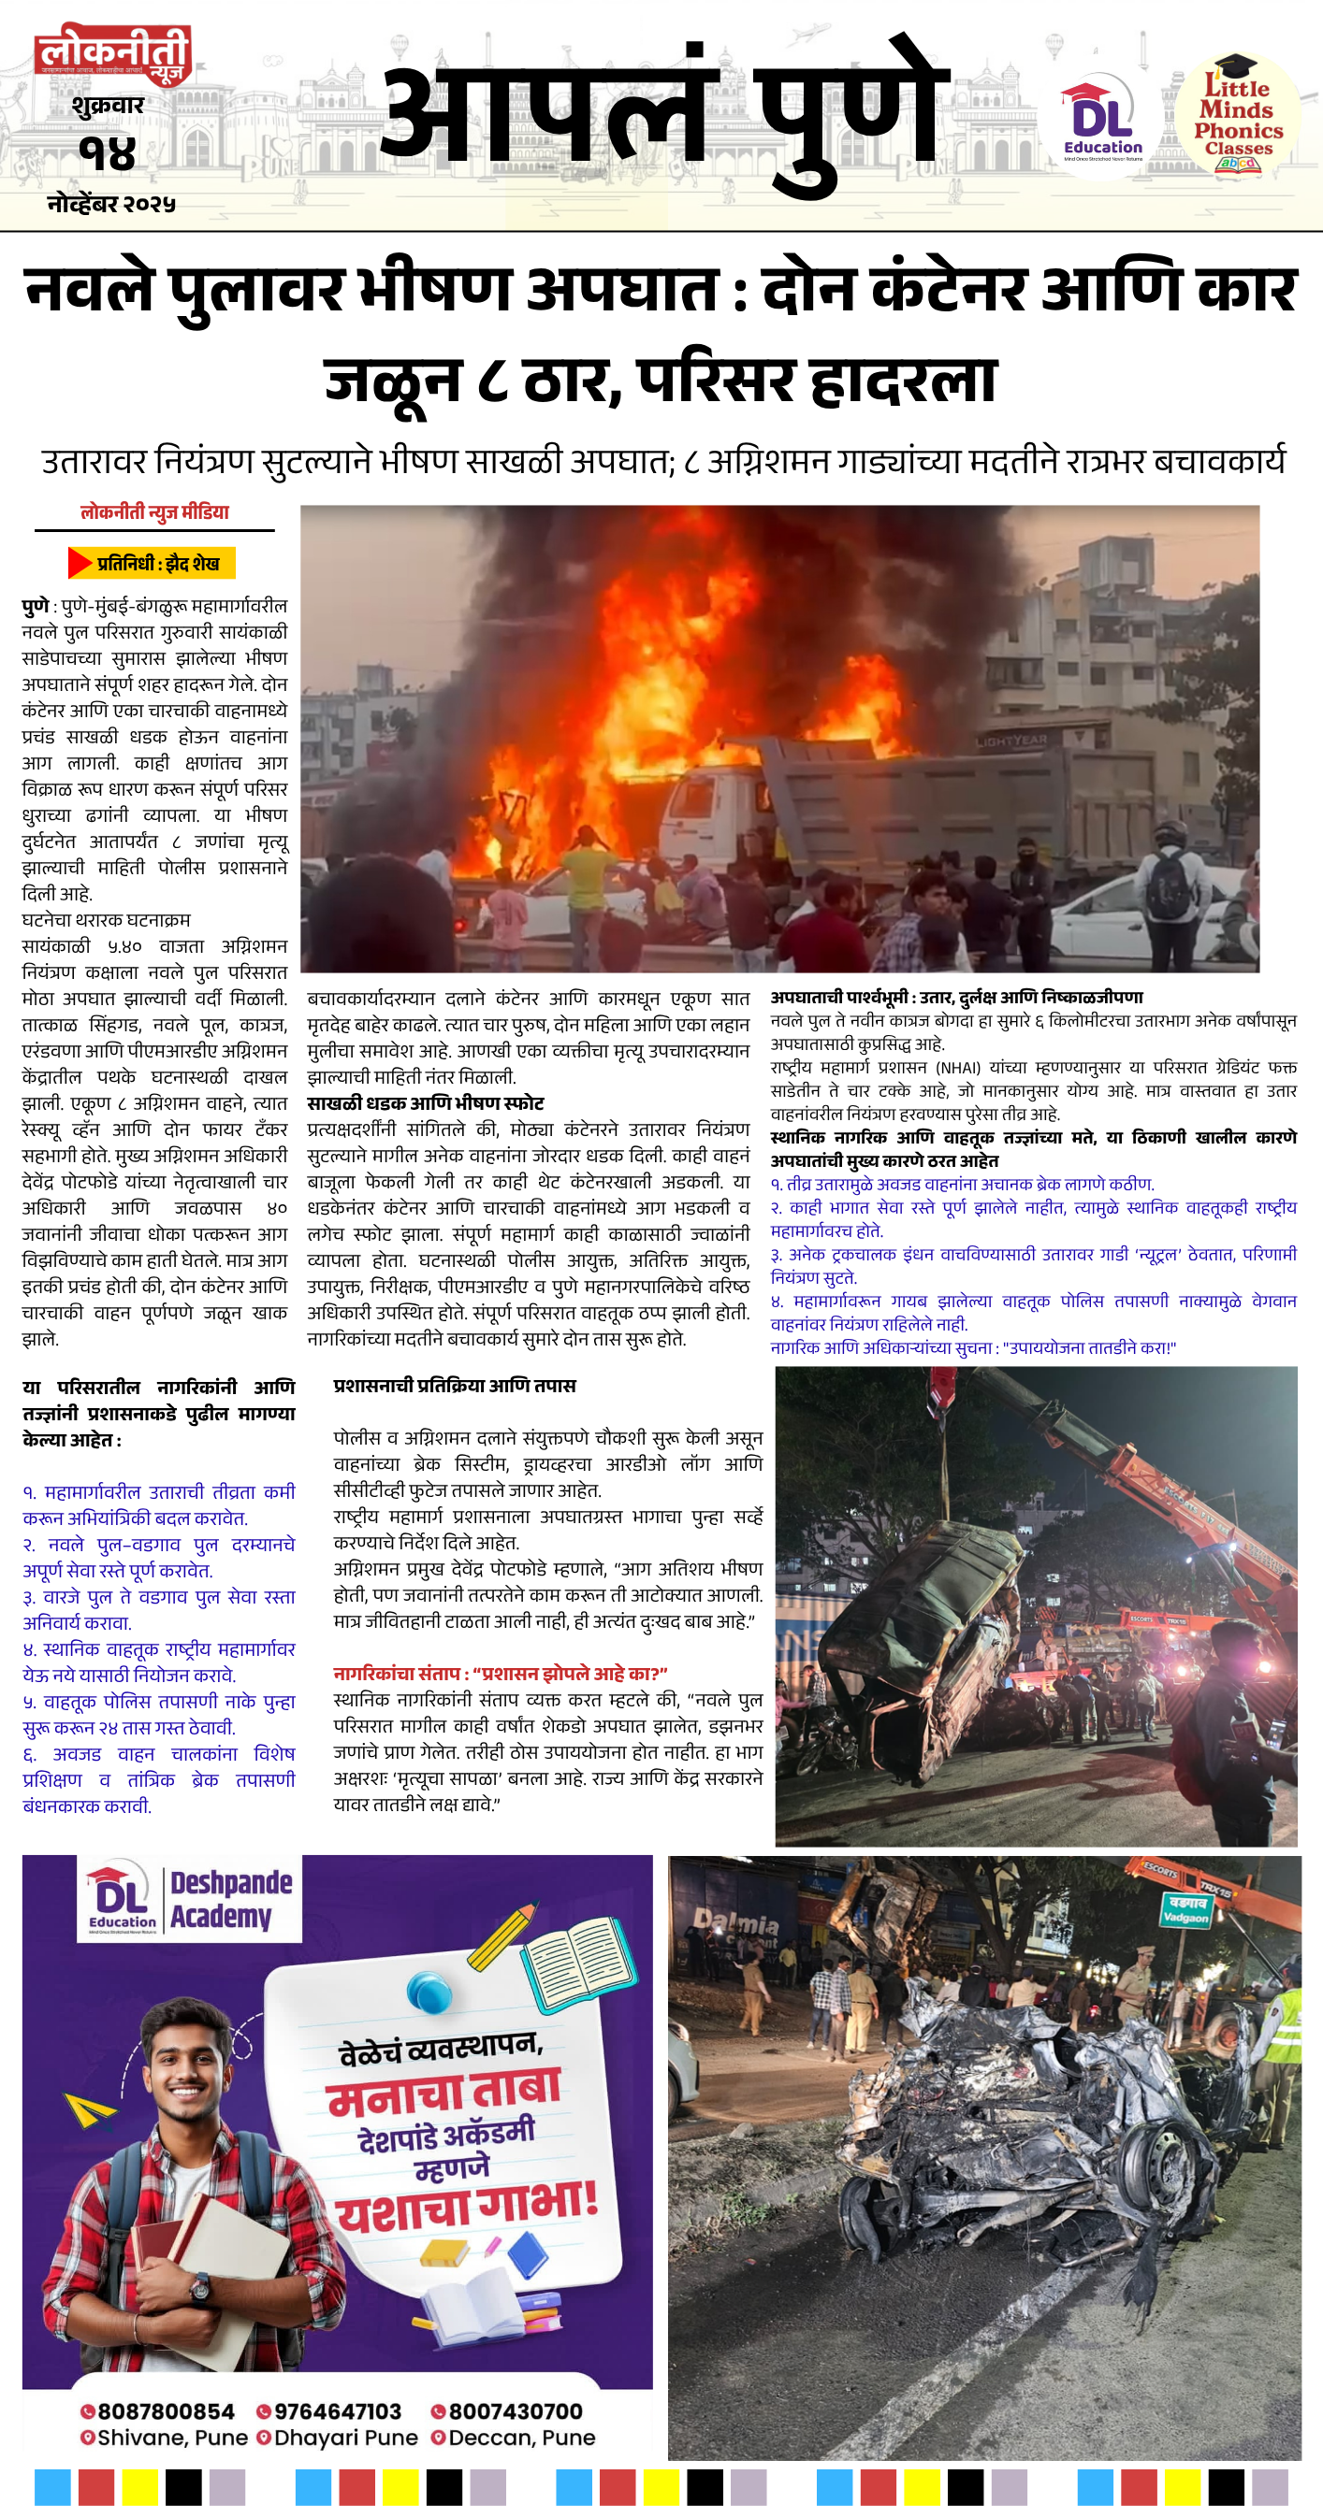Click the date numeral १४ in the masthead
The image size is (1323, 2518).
(x=108, y=153)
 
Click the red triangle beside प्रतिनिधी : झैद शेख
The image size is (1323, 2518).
(x=80, y=563)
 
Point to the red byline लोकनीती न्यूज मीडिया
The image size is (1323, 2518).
(x=154, y=512)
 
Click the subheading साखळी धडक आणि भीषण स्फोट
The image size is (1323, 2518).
(x=426, y=1103)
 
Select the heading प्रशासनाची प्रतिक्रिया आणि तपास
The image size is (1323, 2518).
(x=455, y=1386)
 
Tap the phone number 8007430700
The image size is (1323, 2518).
(x=516, y=2411)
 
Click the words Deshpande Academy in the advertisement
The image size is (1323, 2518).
(x=231, y=1900)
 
